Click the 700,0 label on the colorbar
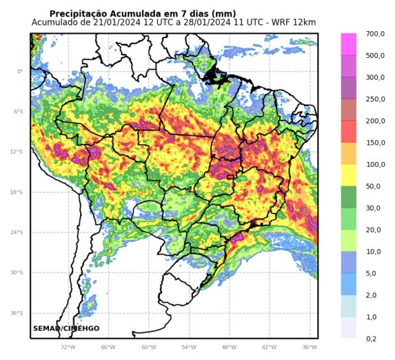click(x=375, y=34)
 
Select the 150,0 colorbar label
click(x=375, y=143)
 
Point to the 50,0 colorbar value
click(x=375, y=186)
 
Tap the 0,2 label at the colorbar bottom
click(x=371, y=338)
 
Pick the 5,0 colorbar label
click(x=371, y=273)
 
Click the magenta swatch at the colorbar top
click(x=348, y=44)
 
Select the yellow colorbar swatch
click(x=348, y=175)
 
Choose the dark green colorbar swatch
click(x=348, y=196)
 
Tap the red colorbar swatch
click(x=348, y=131)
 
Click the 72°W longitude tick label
click(x=68, y=347)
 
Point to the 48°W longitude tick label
click(x=229, y=347)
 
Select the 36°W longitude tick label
click(x=309, y=347)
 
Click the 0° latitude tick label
click(x=20, y=71)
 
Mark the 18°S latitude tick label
click(x=18, y=192)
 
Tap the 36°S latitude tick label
click(x=18, y=313)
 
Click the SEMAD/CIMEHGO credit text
click(x=66, y=328)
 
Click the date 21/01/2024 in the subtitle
click(x=115, y=23)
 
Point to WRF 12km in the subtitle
click(x=294, y=23)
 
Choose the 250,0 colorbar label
click(x=375, y=99)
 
